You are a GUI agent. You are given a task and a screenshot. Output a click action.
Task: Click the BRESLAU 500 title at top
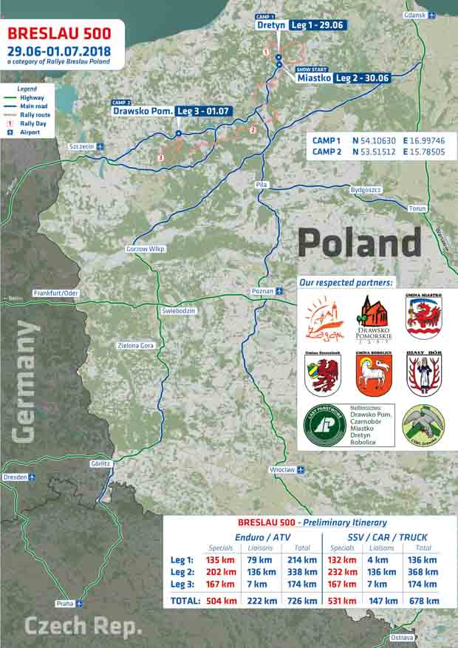pos(58,33)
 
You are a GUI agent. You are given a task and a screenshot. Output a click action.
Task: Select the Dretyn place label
pos(270,25)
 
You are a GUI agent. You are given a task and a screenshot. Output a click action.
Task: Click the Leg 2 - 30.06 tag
pos(362,78)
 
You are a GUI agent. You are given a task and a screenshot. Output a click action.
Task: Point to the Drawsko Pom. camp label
pos(143,111)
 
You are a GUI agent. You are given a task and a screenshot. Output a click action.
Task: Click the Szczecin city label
pos(81,146)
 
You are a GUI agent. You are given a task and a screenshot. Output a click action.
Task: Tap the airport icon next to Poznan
pos(279,291)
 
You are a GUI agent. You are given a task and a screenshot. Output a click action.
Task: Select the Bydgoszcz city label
pos(366,190)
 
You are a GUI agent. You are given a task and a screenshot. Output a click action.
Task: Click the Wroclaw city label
pos(281,469)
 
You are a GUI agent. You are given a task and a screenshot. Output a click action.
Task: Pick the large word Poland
pos(359,243)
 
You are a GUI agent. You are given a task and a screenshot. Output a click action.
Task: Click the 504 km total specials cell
pos(221,601)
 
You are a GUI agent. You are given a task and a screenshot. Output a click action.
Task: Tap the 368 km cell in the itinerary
pos(423,573)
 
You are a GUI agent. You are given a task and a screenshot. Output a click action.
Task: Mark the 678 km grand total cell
pos(423,601)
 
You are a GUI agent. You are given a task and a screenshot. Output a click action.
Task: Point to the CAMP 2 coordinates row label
pos(327,151)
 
